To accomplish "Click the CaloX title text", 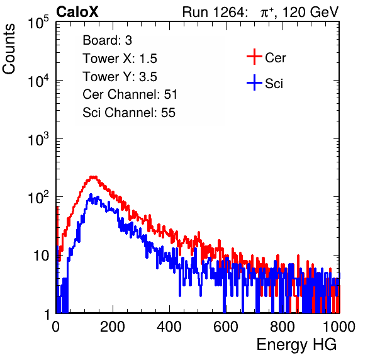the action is coord(77,11).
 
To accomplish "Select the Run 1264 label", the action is coord(213,12).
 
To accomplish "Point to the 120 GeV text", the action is coord(311,12).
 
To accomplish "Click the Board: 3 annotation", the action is coord(107,40).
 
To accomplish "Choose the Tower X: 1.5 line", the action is coord(120,59).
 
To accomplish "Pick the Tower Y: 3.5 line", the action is coord(120,77).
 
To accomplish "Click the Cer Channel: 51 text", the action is coord(130,94).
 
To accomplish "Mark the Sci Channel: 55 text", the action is coord(129,113).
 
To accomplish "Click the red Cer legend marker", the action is coord(254,57).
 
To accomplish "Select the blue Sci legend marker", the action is coord(254,82).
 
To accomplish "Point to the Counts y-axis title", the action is coord(9,49).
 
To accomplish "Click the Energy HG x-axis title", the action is coord(296,345).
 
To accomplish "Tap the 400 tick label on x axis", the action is coord(169,327).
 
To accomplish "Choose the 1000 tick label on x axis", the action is coord(339,327).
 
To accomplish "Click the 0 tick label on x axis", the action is coord(55,327).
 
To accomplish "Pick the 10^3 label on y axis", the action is coord(38,139).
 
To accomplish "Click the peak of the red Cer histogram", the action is coord(93,177).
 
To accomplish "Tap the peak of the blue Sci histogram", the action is coord(91,194).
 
